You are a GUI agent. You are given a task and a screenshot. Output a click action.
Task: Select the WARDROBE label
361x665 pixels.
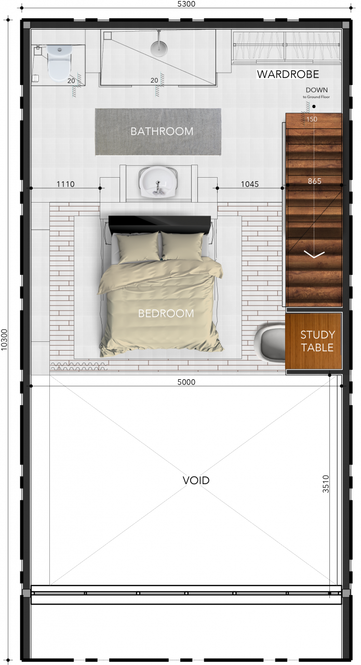click(x=288, y=74)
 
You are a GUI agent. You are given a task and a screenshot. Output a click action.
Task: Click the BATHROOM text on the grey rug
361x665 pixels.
click(x=162, y=131)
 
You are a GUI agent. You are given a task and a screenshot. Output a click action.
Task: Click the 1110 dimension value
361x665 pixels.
click(x=66, y=184)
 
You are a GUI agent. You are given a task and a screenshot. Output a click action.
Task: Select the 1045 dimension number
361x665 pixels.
click(x=250, y=184)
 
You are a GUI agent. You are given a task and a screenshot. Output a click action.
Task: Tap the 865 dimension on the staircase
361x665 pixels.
click(x=314, y=181)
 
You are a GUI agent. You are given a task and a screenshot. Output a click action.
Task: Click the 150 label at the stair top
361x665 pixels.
click(x=312, y=119)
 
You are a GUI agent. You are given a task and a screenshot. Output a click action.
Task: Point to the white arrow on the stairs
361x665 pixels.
click(x=314, y=254)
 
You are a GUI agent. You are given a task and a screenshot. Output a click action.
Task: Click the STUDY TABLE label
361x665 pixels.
click(x=317, y=341)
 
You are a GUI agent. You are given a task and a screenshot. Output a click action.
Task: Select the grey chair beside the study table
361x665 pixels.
click(x=271, y=343)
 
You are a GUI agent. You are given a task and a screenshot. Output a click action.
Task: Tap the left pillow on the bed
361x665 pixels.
click(x=138, y=246)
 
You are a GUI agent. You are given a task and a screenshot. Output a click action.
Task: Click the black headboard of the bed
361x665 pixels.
click(x=159, y=224)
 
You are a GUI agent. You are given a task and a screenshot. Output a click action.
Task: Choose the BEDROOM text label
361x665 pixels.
click(x=166, y=313)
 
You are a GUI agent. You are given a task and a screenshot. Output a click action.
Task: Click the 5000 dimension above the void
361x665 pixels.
click(x=186, y=382)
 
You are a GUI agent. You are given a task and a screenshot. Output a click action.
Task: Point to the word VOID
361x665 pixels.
click(x=196, y=480)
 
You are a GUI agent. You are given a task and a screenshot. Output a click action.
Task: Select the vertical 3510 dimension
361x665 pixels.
click(x=326, y=484)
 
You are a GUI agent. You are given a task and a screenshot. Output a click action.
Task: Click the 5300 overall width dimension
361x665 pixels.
click(x=186, y=4)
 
